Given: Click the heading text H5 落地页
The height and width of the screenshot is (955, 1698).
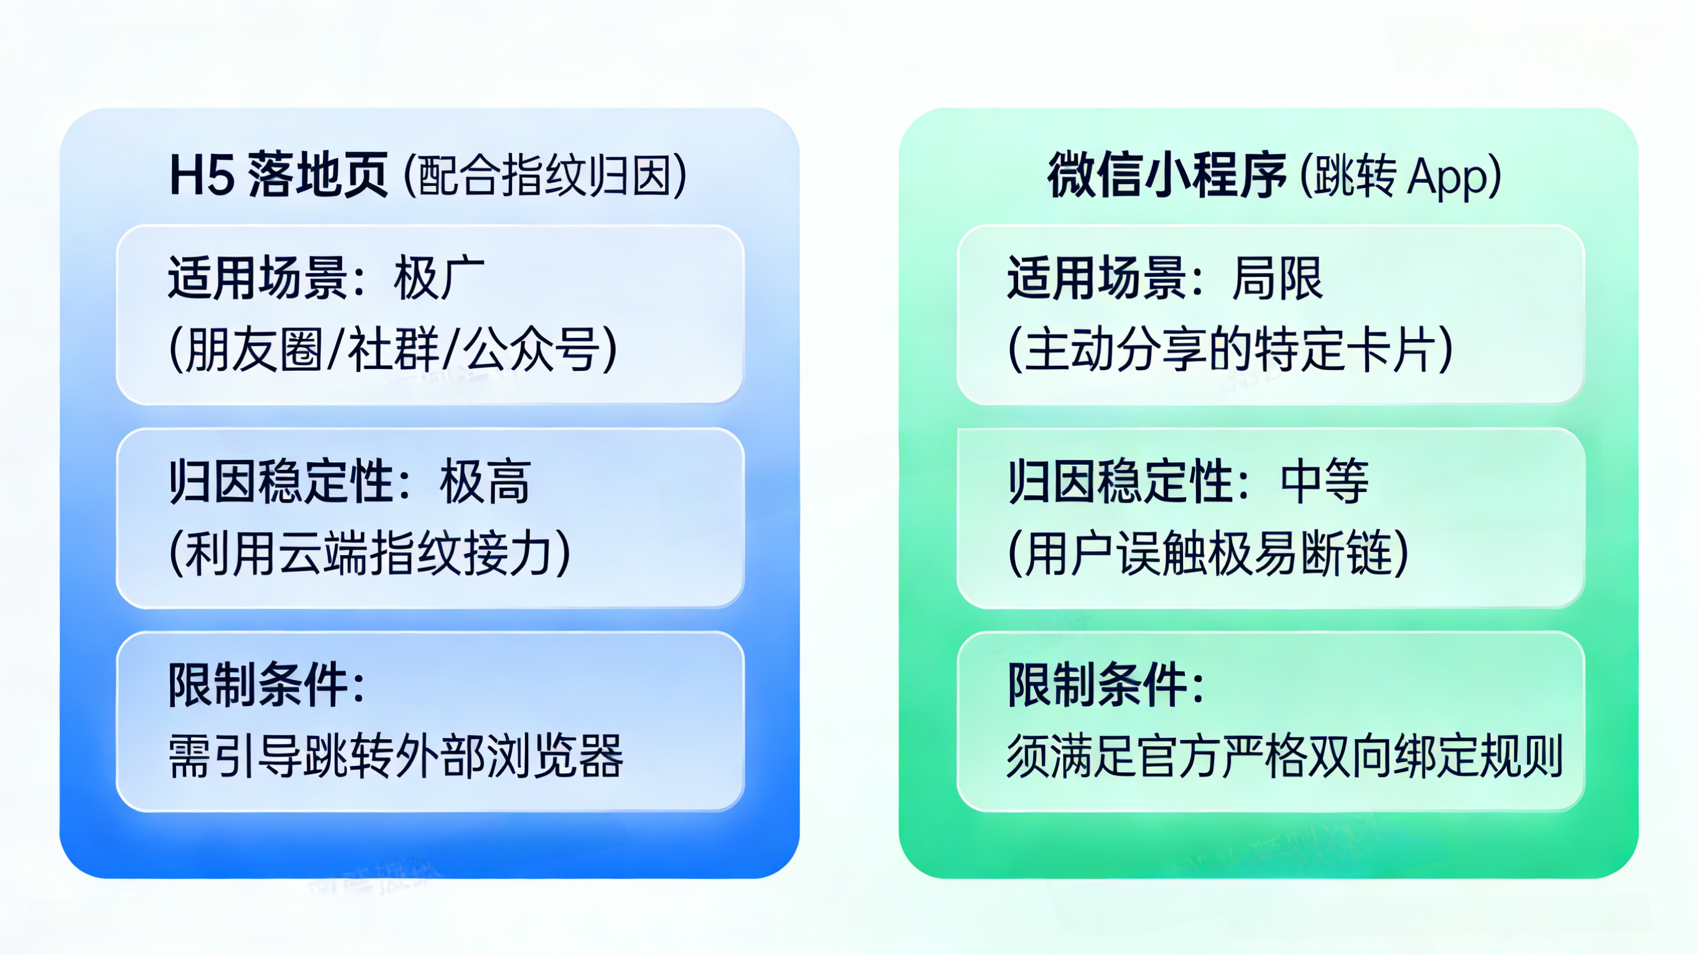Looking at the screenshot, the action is pyautogui.click(x=278, y=175).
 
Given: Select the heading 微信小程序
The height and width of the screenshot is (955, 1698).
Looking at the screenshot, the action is pyautogui.click(x=1167, y=175).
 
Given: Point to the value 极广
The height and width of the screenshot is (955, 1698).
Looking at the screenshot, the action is pyautogui.click(x=439, y=278).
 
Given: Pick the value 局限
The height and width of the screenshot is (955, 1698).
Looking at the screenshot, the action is pyautogui.click(x=1278, y=278).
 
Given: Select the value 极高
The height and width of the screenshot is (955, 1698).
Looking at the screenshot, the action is pyautogui.click(x=485, y=482).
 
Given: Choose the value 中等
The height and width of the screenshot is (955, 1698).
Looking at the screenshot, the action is pyautogui.click(x=1324, y=482).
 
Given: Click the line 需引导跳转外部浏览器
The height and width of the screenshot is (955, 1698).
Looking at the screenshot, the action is pyautogui.click(x=396, y=756).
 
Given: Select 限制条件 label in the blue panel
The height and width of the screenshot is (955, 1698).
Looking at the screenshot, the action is pyautogui.click(x=258, y=685).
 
